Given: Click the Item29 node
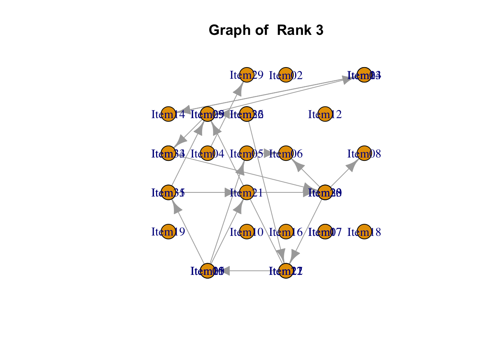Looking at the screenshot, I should (x=246, y=75).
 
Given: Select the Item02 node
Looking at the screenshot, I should (x=286, y=75).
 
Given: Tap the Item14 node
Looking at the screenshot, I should (x=168, y=114).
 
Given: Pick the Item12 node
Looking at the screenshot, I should (x=325, y=114).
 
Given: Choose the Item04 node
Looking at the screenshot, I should (x=207, y=153).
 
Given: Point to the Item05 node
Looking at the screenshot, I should (x=246, y=153).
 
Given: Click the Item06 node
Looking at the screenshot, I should (x=286, y=153).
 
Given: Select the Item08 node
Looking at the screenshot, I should (x=364, y=153).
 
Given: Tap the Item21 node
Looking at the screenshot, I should (x=246, y=193).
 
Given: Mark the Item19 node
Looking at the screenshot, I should (x=168, y=232).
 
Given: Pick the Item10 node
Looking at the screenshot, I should (x=246, y=232).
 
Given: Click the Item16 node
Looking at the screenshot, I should (x=286, y=232).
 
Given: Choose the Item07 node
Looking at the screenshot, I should (x=325, y=232).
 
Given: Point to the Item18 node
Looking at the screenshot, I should (x=364, y=232).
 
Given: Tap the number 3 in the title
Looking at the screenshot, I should (x=319, y=30).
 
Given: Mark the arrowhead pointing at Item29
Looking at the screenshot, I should (x=239, y=89).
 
